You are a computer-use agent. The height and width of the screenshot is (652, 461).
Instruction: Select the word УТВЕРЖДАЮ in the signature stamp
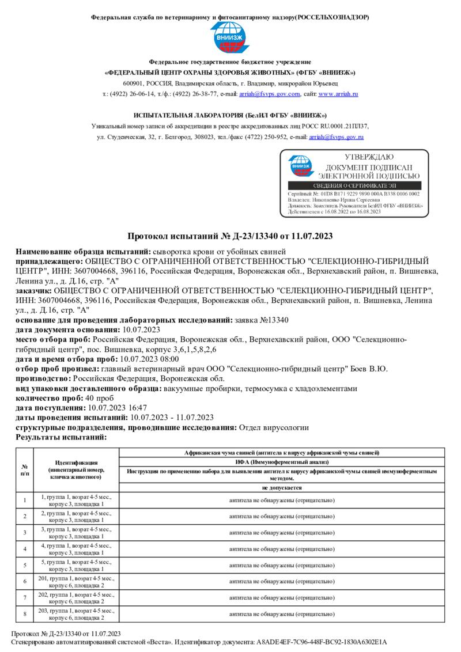pos(369,157)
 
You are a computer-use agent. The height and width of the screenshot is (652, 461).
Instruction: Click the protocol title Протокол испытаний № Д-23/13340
pos(230,236)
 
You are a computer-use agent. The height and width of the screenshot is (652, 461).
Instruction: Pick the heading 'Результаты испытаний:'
pos(61,438)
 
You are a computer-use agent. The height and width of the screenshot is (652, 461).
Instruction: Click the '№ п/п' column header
pos(25,469)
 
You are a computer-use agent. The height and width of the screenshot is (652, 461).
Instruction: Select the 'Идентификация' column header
pos(76,469)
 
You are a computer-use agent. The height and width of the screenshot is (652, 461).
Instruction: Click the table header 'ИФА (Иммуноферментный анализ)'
pos(282,462)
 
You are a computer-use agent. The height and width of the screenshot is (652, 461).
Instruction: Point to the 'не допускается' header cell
pos(282,487)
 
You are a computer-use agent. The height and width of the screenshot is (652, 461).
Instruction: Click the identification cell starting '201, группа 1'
pos(76,581)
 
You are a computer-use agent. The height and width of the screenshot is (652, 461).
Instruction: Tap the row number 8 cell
pos(25,613)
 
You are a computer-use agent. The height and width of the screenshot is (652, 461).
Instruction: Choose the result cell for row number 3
pos(282,533)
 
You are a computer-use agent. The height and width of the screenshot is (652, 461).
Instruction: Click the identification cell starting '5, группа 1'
pos(76,565)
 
